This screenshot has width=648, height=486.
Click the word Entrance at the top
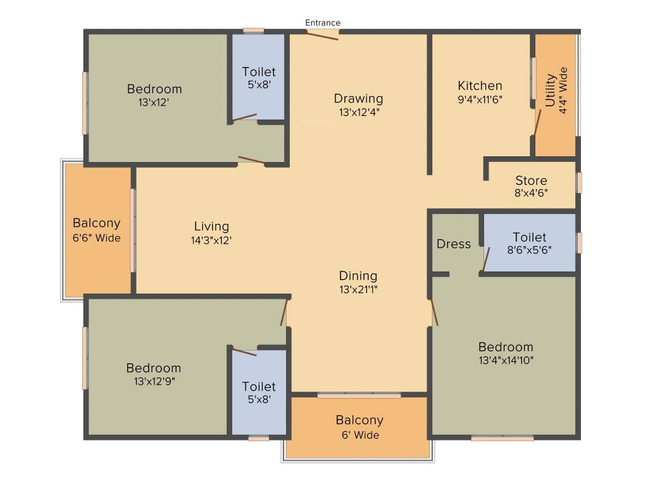(x=323, y=23)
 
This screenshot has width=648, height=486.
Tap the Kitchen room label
(x=480, y=85)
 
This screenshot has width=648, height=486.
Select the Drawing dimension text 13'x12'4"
(x=359, y=112)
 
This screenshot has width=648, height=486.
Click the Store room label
(x=531, y=180)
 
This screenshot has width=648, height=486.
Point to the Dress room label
(x=454, y=244)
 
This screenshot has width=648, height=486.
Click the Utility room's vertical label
(x=551, y=90)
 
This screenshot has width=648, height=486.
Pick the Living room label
(x=211, y=227)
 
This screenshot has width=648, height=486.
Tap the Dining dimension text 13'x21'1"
(x=358, y=290)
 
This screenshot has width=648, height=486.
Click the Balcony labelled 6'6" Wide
(x=96, y=223)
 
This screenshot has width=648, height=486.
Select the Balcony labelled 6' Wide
(x=359, y=420)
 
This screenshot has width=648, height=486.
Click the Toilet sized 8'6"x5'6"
(x=529, y=237)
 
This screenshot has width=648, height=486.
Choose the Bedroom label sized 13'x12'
(x=154, y=89)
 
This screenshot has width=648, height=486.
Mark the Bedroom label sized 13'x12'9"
(x=153, y=368)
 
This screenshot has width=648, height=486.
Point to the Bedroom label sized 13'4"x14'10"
(x=506, y=347)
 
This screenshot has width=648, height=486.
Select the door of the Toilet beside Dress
(x=486, y=259)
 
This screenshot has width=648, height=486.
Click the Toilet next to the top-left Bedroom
(x=259, y=72)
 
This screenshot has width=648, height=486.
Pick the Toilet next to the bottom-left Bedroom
(x=259, y=387)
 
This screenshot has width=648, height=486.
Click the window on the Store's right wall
(x=578, y=182)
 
